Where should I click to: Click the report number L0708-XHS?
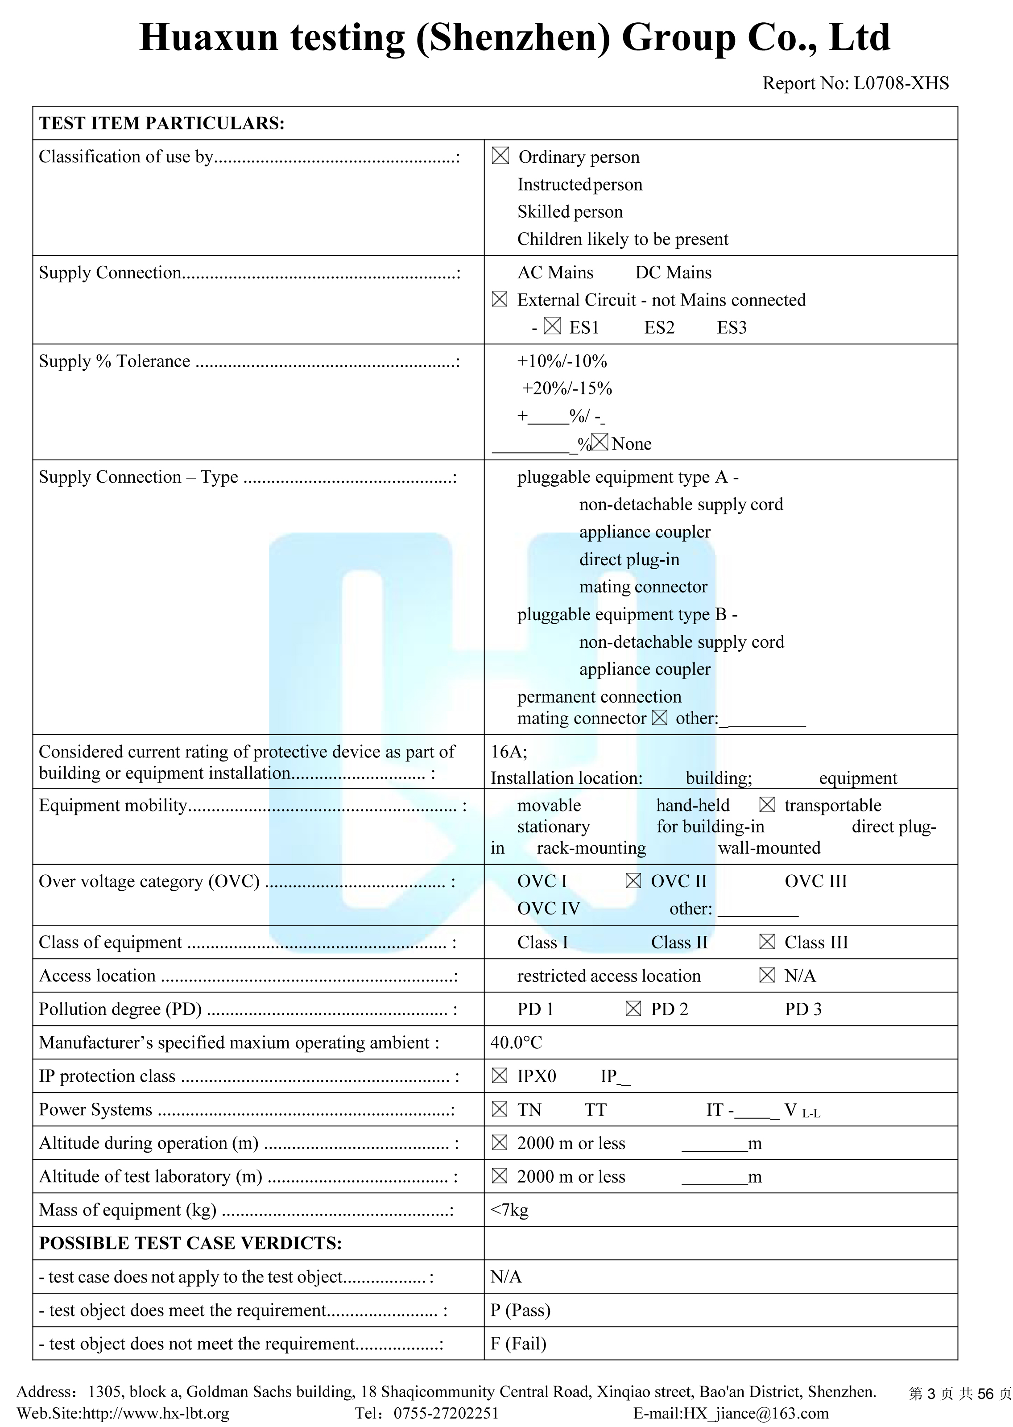tap(901, 83)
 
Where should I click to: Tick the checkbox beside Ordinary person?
tap(500, 156)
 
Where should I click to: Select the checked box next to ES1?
tap(552, 326)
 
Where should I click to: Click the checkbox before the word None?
tap(600, 442)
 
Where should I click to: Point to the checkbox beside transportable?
tap(767, 805)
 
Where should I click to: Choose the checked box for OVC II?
tap(633, 881)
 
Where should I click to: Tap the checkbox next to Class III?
tap(767, 942)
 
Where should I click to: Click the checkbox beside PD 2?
tap(633, 1009)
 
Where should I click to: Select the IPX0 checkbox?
tap(500, 1075)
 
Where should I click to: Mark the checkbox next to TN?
tap(500, 1109)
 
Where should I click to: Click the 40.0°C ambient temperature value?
tap(517, 1042)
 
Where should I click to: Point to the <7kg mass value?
tap(509, 1210)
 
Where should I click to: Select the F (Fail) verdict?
tap(518, 1344)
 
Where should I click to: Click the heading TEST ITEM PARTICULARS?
tap(161, 124)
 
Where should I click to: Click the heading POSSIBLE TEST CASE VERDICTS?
tap(190, 1243)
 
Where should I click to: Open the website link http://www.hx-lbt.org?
tap(156, 1413)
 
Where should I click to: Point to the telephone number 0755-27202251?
tap(446, 1413)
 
